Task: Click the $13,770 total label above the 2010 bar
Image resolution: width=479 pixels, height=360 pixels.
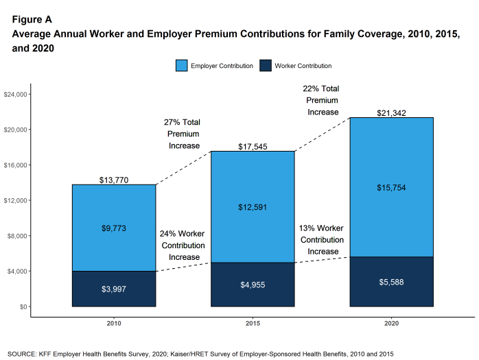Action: click(x=113, y=180)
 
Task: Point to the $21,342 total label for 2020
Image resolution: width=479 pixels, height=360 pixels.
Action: click(x=391, y=112)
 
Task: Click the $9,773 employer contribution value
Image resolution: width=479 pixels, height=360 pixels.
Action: click(x=113, y=228)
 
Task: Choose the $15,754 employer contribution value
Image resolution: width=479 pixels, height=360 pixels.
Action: click(x=391, y=187)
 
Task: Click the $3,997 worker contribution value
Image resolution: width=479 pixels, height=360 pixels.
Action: click(x=113, y=289)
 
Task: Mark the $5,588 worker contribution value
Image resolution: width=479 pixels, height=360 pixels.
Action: click(x=391, y=282)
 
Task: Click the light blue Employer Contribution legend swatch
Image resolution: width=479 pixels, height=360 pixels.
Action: click(x=181, y=66)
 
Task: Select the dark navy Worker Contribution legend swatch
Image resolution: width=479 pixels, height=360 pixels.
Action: click(x=266, y=66)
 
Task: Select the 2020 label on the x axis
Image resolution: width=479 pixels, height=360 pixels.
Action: click(x=391, y=322)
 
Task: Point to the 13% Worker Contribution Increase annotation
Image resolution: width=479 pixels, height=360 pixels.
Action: click(x=323, y=239)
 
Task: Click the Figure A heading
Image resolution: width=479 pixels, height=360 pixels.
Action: click(x=32, y=20)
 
